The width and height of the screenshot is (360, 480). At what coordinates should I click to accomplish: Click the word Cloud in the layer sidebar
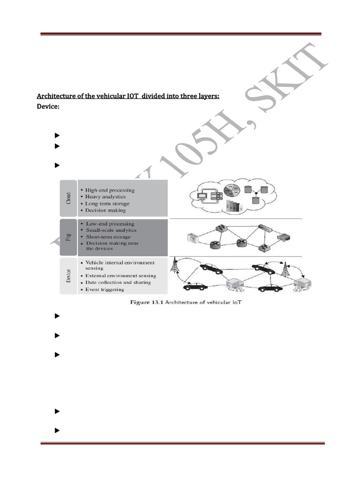68,198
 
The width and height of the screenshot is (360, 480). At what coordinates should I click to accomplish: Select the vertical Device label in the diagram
68,275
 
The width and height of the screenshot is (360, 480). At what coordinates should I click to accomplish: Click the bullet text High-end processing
109,190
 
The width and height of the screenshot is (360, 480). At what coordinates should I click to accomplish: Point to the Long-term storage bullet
107,204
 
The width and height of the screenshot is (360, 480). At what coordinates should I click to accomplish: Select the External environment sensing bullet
120,276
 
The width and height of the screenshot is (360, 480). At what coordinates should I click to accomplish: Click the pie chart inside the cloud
230,192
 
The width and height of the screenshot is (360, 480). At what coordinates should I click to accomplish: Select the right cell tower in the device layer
285,269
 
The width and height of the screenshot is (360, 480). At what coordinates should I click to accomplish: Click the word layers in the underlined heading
209,96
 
